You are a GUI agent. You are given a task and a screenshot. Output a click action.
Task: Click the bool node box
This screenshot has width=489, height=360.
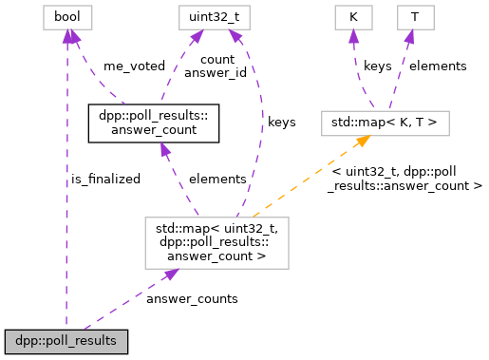coord(66,18)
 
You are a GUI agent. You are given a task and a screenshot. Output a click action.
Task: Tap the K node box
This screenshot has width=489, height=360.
coord(352,18)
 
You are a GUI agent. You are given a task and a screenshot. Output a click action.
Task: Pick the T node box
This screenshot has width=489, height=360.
coord(414,18)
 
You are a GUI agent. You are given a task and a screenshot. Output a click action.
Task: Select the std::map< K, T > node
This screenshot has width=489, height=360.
coord(386,123)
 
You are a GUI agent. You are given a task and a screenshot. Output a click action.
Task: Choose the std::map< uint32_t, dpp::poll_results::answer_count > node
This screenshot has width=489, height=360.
coord(216,241)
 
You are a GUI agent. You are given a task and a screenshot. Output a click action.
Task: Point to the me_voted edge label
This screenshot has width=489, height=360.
coord(134,66)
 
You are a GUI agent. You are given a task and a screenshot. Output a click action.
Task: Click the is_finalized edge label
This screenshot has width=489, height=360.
coord(105,179)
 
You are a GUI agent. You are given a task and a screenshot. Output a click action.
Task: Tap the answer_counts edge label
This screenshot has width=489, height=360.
coord(192,298)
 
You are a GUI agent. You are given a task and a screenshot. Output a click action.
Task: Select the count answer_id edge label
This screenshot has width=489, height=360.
coord(210,66)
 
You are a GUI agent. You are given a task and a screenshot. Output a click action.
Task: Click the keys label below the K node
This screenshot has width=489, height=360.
coord(377,66)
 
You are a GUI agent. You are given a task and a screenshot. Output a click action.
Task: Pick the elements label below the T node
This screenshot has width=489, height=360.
coord(438,66)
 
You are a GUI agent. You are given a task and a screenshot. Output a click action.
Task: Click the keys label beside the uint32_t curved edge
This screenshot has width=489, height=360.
coord(281,123)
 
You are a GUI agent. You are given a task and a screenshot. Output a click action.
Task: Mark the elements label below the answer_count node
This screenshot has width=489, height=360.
coord(217,179)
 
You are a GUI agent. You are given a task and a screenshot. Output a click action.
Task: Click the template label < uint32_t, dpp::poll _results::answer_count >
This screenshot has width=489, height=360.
coord(407,179)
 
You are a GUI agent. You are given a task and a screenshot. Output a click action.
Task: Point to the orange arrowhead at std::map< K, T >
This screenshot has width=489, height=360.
coord(363,141)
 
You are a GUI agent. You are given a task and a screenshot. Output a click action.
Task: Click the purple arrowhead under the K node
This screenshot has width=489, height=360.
coord(353,36)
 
